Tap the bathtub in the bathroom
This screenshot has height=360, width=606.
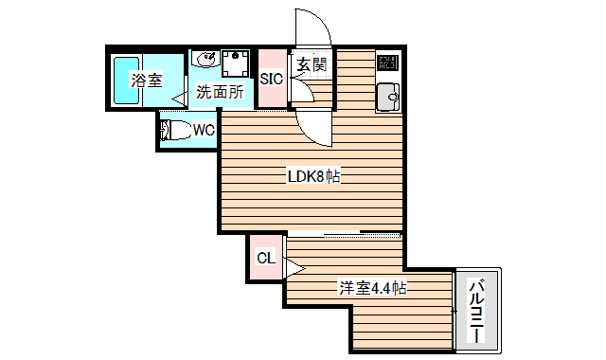point(120,81)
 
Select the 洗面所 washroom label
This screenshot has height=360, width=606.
point(219,93)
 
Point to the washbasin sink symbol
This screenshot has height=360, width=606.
point(205,60)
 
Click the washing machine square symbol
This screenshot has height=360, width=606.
point(236,62)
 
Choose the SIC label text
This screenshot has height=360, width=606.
point(272,80)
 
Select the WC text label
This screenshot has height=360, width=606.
point(204,131)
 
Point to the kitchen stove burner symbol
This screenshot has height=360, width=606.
point(388,63)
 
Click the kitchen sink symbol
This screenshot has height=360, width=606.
point(388,97)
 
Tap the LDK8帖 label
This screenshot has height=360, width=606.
point(313,176)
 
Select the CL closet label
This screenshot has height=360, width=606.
point(265,257)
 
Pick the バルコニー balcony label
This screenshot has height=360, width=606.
point(477,311)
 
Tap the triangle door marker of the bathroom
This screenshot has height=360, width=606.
point(177,98)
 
